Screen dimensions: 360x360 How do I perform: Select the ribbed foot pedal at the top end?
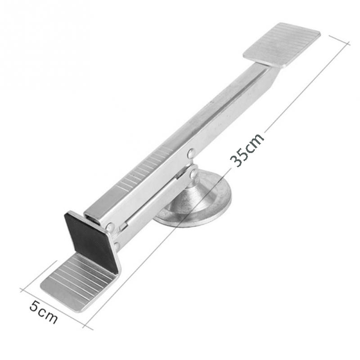pyautogui.click(x=282, y=45)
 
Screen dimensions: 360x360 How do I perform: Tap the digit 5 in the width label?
pyautogui.click(x=34, y=306)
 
